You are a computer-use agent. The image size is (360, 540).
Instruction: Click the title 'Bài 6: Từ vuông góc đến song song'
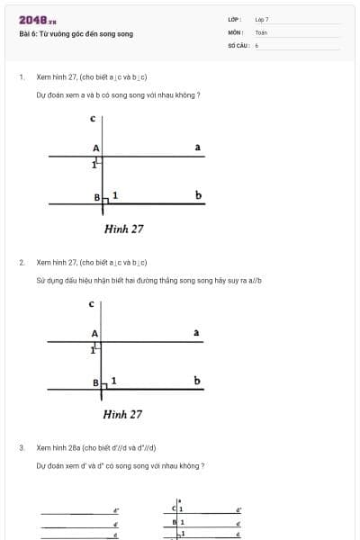pyautogui.click(x=76, y=34)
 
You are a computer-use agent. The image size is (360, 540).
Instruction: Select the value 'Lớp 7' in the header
pyautogui.click(x=262, y=19)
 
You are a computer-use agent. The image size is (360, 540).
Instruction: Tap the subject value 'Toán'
pyautogui.click(x=261, y=31)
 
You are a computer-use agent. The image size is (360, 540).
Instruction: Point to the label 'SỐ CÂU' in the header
pyautogui.click(x=237, y=44)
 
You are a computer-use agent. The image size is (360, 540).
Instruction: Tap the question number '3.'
pyautogui.click(x=21, y=447)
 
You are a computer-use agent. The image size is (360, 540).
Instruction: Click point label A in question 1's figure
pyautogui.click(x=95, y=148)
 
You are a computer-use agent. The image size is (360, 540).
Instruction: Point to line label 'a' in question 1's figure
pyautogui.click(x=197, y=147)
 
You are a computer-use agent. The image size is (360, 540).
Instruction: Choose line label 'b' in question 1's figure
pyautogui.click(x=197, y=195)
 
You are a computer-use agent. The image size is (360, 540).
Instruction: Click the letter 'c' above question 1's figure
pyautogui.click(x=93, y=118)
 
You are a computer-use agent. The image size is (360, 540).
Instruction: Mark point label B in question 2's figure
pyautogui.click(x=95, y=382)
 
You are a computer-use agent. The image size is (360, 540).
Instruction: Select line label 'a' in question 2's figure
pyautogui.click(x=196, y=333)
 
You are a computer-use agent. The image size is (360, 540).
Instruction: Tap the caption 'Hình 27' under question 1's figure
pyautogui.click(x=123, y=229)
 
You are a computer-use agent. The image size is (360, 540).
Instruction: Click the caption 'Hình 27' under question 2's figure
pyautogui.click(x=122, y=414)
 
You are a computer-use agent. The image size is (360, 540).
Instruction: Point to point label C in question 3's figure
pyautogui.click(x=175, y=509)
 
